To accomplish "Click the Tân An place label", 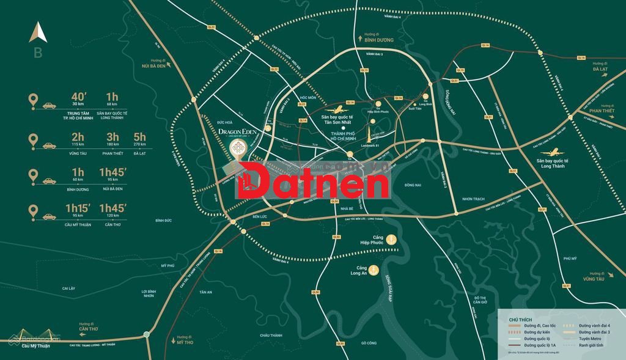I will (205, 292).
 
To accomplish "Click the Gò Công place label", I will (368, 343).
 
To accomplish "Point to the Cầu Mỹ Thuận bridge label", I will (34, 346).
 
